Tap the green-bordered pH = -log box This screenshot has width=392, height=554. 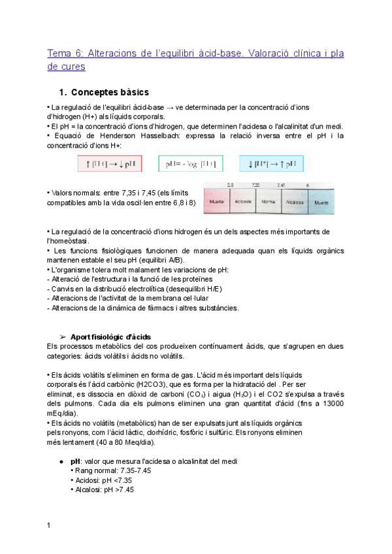click(190, 164)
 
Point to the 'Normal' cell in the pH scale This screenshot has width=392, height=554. click(268, 203)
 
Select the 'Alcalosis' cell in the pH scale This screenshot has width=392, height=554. click(295, 203)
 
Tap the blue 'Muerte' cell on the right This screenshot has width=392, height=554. click(321, 203)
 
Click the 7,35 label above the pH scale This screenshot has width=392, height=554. click(255, 186)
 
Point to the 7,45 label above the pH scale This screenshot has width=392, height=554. click(281, 186)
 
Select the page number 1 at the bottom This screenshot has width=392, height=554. click(49, 525)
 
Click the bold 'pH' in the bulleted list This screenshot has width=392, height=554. click(75, 461)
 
